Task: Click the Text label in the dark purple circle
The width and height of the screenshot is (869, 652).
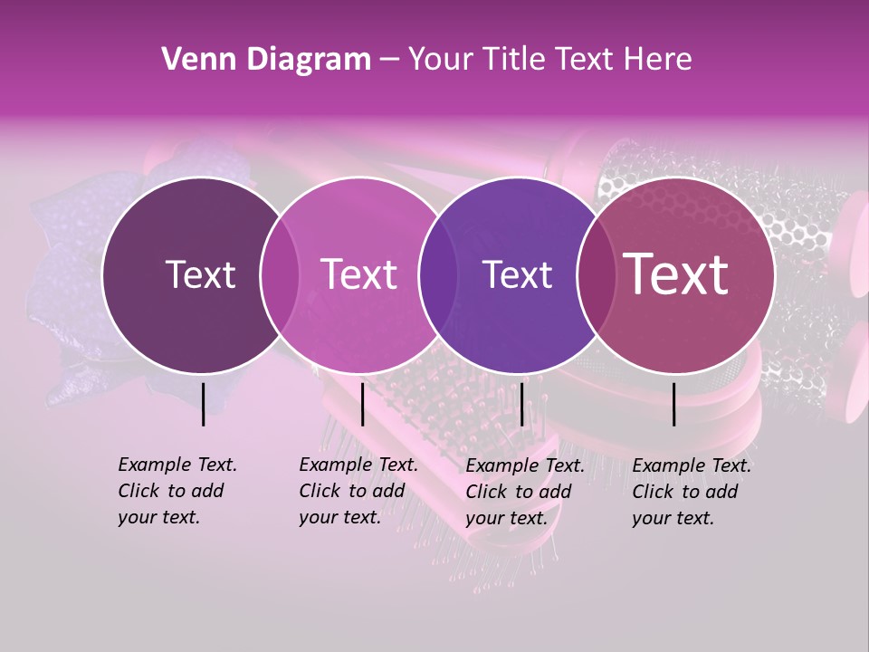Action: (x=200, y=274)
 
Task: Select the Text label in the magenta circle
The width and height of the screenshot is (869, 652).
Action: (x=358, y=274)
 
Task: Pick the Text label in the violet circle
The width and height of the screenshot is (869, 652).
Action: (x=517, y=274)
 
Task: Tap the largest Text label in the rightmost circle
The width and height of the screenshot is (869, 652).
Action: (x=675, y=274)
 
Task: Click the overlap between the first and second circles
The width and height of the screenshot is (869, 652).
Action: (x=280, y=275)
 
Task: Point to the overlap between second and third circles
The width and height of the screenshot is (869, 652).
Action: (x=438, y=275)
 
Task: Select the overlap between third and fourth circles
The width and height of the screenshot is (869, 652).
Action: (x=596, y=275)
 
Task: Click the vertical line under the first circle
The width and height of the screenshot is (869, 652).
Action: (x=203, y=404)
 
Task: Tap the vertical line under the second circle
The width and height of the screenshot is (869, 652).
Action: (x=362, y=404)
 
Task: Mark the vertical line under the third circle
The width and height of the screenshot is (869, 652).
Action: (x=521, y=404)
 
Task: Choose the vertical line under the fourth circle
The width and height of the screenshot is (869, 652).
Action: (x=674, y=404)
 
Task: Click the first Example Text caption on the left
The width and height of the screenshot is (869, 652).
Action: (x=177, y=491)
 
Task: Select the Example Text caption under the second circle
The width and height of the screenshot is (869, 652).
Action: (x=358, y=491)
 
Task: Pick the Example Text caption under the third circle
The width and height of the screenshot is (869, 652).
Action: (x=525, y=492)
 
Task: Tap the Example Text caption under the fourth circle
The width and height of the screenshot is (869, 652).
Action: (x=692, y=492)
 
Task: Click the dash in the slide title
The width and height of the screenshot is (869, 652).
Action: (x=389, y=61)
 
